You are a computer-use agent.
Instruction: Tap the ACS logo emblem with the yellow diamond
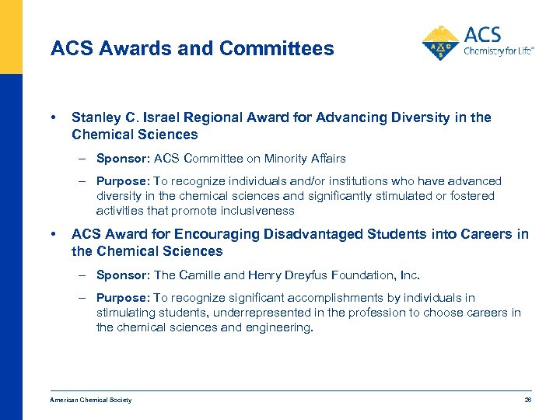coord(441,44)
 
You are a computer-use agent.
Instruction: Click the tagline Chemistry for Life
coord(499,52)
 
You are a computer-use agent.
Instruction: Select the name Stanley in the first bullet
coord(95,117)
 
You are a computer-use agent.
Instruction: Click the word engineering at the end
coord(280,327)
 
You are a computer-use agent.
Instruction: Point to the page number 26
coord(528,400)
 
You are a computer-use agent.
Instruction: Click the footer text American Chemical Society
coord(90,400)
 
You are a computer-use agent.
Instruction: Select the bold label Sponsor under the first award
coord(121,159)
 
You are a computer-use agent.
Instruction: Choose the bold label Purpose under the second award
coord(122,298)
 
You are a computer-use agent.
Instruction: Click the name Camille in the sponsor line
coord(198,275)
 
